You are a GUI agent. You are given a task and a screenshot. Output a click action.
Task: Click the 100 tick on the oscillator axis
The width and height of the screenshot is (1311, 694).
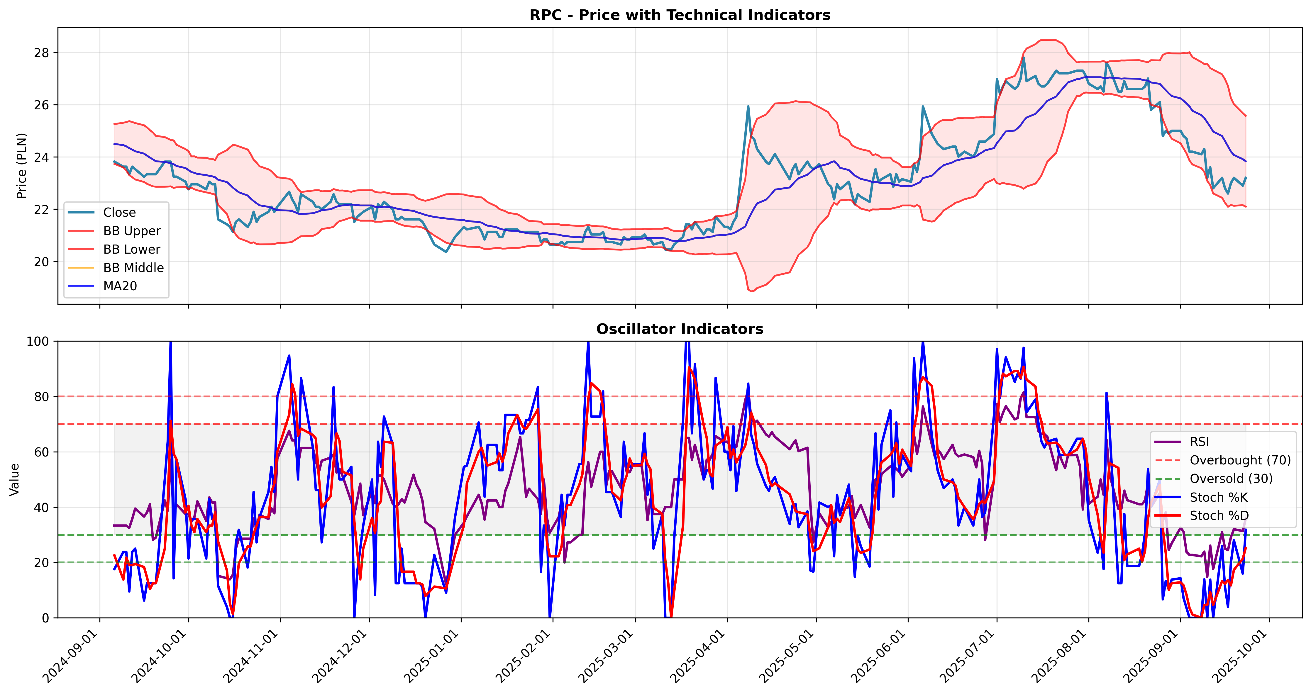38,341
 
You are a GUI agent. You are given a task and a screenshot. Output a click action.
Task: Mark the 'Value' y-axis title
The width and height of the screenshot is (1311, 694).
14,479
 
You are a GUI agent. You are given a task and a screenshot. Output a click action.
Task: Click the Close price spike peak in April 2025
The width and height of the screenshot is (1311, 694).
748,106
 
